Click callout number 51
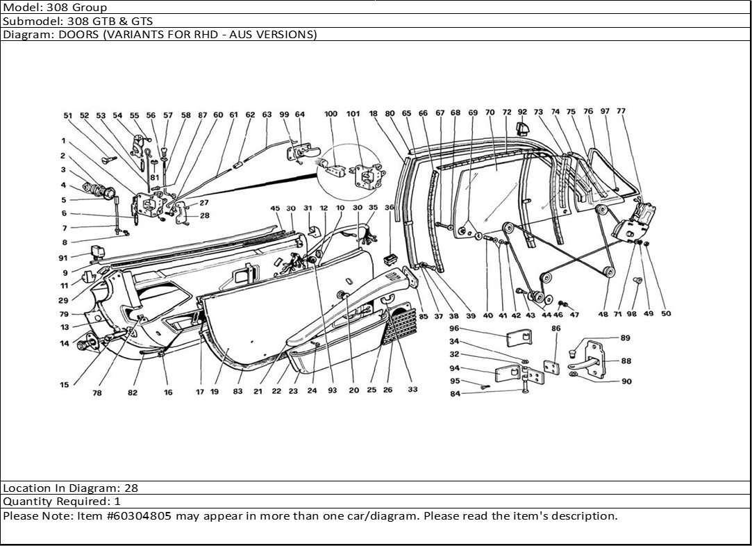(68, 116)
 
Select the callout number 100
(331, 114)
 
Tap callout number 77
(621, 111)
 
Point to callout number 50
(666, 314)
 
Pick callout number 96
(454, 329)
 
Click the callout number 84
(455, 394)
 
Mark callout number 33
(412, 390)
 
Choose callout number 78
(97, 392)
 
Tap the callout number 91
(63, 258)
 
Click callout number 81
(154, 176)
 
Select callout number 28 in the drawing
(204, 216)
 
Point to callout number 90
(626, 381)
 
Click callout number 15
(64, 385)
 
